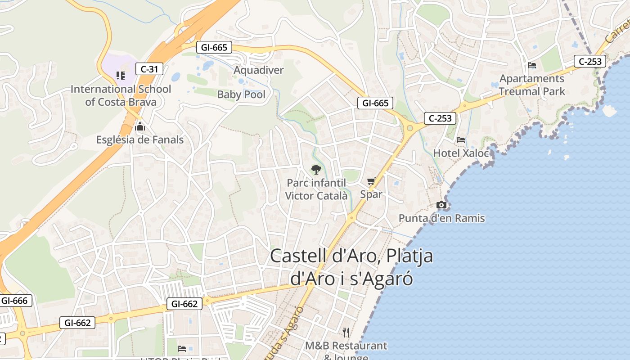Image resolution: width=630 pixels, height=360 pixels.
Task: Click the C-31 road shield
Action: coord(149,69)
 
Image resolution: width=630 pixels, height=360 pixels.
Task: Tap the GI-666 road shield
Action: coord(14,301)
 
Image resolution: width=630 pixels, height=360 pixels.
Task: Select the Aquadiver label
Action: coord(259,70)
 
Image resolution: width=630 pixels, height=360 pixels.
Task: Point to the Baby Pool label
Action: coord(241,94)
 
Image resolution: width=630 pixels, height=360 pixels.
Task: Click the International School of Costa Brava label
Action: coord(121,95)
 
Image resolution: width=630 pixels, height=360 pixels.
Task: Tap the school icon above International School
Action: coord(120,75)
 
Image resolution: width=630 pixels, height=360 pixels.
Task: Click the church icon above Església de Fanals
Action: coord(140,126)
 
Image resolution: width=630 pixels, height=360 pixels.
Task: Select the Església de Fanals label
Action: coord(140,140)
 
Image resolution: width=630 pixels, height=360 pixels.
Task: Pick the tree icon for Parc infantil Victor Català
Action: coord(316,169)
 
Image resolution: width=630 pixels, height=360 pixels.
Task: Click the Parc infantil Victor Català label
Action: coord(316,189)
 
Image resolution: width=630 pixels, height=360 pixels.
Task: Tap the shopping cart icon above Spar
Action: coord(371,181)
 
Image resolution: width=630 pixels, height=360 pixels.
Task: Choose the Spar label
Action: coord(371,194)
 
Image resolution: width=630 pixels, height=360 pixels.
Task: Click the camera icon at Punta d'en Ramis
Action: coord(441,205)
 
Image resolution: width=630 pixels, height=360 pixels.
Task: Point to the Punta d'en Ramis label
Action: coord(441,218)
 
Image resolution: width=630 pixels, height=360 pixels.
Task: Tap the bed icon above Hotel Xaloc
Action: coord(461,140)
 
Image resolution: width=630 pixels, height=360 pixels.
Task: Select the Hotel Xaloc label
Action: coord(461,153)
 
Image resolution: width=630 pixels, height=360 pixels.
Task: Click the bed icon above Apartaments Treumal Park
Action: coord(532,65)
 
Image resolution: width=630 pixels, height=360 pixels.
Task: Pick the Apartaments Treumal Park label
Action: coord(532,85)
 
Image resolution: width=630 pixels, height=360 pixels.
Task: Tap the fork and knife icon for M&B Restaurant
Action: coord(346,333)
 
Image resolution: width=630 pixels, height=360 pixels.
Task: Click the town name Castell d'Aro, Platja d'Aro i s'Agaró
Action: coord(351,267)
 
